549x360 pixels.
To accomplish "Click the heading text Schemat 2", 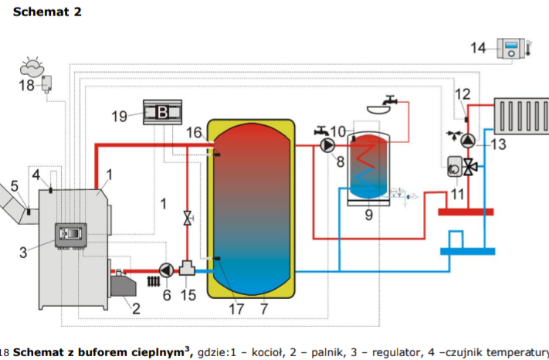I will pos(46,12).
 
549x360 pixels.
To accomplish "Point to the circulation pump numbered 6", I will pos(166,270).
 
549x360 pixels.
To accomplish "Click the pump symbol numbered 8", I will pos(327,144).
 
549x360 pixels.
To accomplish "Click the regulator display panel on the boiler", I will pos(70,233).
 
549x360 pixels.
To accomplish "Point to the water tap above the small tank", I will pos(391,101).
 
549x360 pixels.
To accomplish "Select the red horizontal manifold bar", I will pos(465,211).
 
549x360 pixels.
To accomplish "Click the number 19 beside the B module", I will pos(119,116).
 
